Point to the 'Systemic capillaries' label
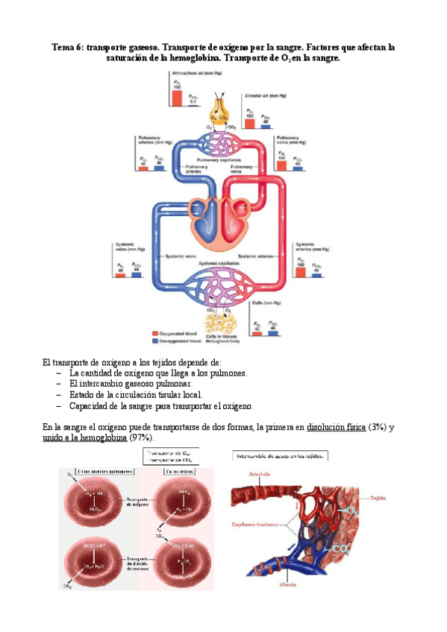pyautogui.click(x=220, y=263)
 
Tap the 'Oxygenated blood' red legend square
pyautogui.click(x=154, y=333)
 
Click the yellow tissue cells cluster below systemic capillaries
pyautogui.click(x=222, y=322)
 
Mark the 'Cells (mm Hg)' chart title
pyautogui.click(x=266, y=303)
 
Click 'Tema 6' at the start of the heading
pyautogui.click(x=67, y=46)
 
